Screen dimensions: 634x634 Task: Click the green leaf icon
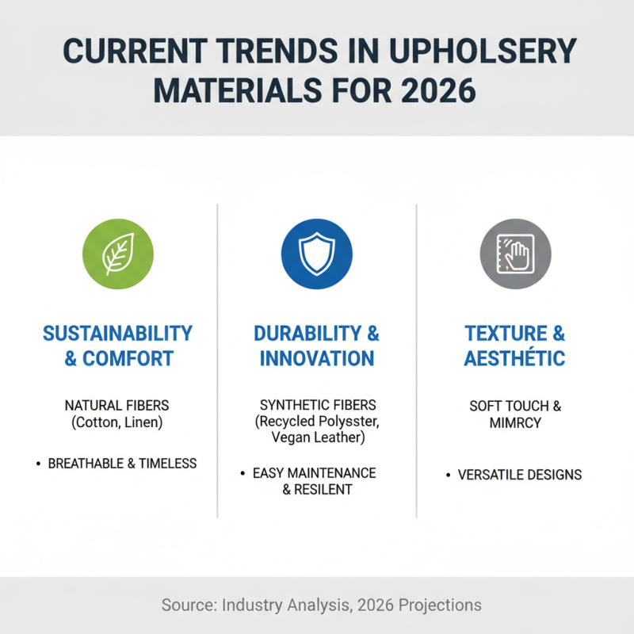coord(118,254)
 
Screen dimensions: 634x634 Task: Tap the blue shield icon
coord(317,254)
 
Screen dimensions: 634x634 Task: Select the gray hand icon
coord(515,254)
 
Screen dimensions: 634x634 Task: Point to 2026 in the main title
coord(434,90)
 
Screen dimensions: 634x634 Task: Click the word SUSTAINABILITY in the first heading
coord(118,333)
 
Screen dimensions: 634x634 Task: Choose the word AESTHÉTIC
coord(515,358)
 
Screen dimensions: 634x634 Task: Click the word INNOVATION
coord(317,358)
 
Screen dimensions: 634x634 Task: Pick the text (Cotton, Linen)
coord(118,422)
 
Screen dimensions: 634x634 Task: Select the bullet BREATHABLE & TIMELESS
coord(122,464)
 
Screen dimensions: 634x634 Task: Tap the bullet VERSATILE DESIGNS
coord(520,475)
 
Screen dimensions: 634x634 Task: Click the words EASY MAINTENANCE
coord(315,473)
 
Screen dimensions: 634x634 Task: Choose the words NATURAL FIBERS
coord(118,406)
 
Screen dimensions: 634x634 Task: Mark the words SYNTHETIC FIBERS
coord(317,406)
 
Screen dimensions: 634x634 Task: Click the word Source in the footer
coord(189,605)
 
